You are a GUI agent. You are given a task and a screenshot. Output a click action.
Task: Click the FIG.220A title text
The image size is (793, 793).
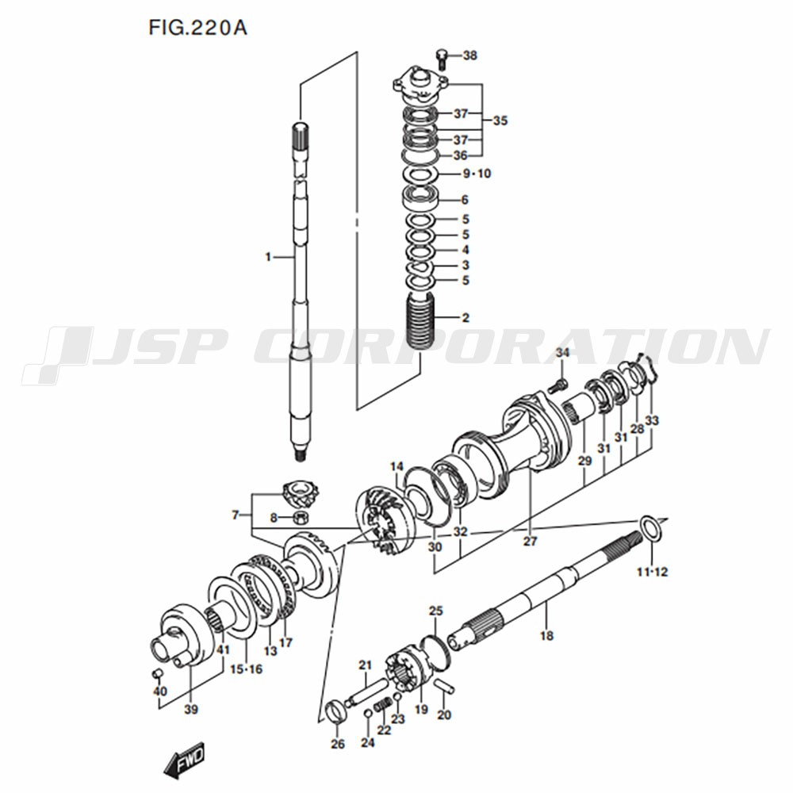[x=197, y=28]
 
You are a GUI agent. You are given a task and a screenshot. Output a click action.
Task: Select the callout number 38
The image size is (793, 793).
[x=470, y=56]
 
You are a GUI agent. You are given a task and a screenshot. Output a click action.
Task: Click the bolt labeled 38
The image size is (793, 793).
[x=442, y=57]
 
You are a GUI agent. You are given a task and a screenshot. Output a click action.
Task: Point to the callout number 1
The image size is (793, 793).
[x=269, y=257]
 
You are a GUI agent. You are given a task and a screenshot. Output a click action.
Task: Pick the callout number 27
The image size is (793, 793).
[x=530, y=542]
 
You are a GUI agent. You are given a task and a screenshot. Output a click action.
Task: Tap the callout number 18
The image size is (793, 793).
[x=546, y=635]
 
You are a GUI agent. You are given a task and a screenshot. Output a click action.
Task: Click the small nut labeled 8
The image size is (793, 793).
[x=301, y=519]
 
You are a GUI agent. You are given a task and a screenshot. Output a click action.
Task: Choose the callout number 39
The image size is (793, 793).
[x=191, y=708]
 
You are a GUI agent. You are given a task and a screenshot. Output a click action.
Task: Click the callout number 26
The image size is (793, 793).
[x=338, y=743]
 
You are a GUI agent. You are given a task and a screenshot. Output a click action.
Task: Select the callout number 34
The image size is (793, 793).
[x=562, y=352]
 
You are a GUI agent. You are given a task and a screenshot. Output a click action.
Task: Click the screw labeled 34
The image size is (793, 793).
[x=560, y=385]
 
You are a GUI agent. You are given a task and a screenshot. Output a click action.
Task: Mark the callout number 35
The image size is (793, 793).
[x=500, y=121]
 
